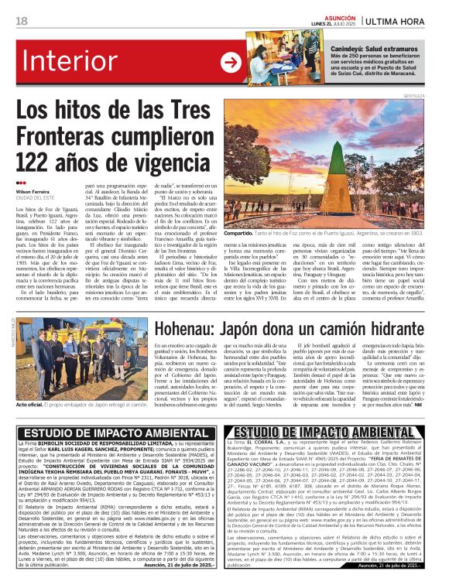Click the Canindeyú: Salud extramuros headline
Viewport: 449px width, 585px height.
click(361, 47)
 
